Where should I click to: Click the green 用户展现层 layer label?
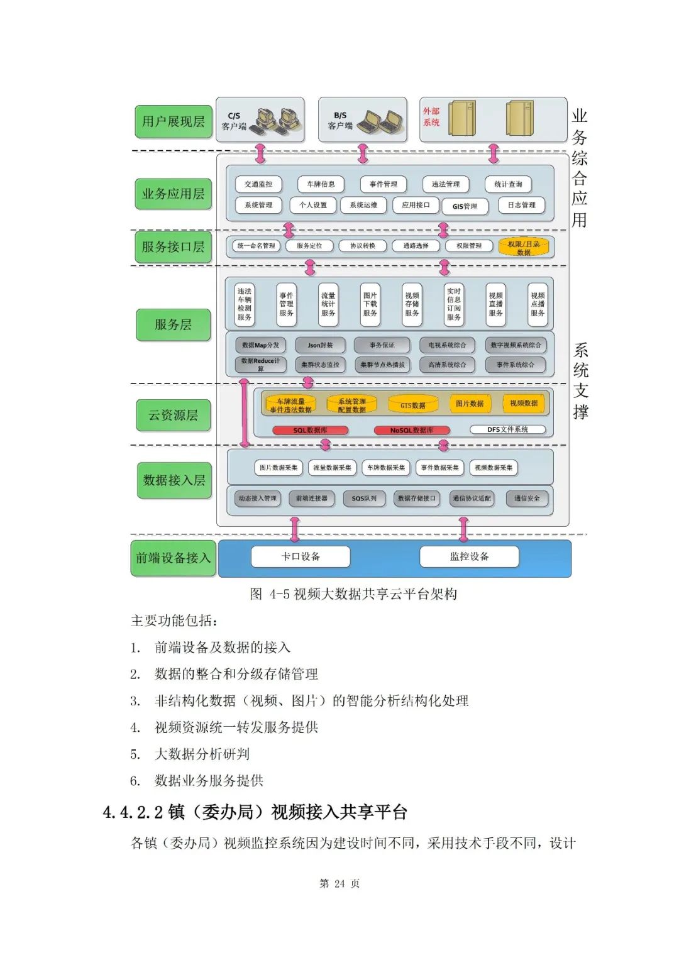pyautogui.click(x=173, y=121)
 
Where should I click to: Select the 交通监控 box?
pyautogui.click(x=258, y=184)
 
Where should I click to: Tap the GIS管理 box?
pyautogui.click(x=465, y=206)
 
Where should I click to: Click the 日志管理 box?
pyautogui.click(x=521, y=205)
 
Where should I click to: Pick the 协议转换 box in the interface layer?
pyautogui.click(x=362, y=246)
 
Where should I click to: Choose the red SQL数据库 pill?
pyautogui.click(x=310, y=430)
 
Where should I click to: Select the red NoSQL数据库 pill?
pyautogui.click(x=412, y=430)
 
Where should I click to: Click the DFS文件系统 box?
pyautogui.click(x=507, y=429)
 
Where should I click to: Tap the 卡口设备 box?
pyautogui.click(x=301, y=556)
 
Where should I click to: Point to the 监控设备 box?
pyautogui.click(x=469, y=556)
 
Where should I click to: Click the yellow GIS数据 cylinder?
pyautogui.click(x=413, y=404)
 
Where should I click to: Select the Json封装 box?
pyautogui.click(x=320, y=345)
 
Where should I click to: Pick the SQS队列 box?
pyautogui.click(x=364, y=498)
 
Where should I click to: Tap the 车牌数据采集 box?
pyautogui.click(x=386, y=468)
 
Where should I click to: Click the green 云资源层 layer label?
pyautogui.click(x=173, y=415)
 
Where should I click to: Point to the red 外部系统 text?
pyautogui.click(x=431, y=117)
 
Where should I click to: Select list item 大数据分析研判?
pyautogui.click(x=202, y=754)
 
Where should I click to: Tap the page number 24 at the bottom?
pyautogui.click(x=339, y=883)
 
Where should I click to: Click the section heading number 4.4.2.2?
pyautogui.click(x=133, y=812)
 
